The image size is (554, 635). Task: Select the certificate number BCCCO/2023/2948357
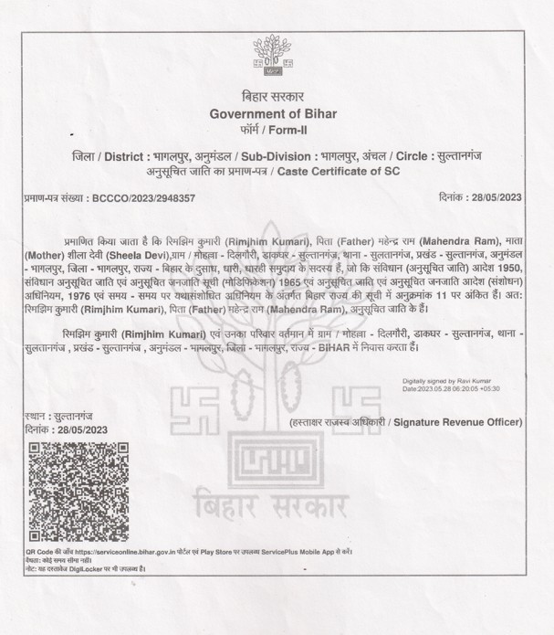point(144,197)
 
